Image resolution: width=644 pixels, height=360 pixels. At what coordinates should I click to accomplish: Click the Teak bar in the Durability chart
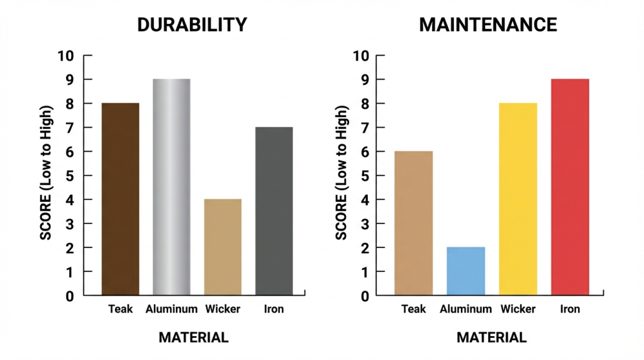(x=120, y=199)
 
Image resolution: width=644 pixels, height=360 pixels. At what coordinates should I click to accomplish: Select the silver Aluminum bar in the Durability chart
(x=171, y=187)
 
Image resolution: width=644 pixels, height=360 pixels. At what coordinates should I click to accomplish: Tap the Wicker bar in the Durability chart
(x=223, y=247)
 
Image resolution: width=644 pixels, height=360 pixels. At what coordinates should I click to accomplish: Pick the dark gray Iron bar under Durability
(x=274, y=211)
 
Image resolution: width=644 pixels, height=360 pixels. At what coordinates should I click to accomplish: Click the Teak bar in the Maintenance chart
(x=413, y=223)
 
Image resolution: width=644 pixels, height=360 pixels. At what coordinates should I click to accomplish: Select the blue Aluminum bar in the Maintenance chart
(x=465, y=271)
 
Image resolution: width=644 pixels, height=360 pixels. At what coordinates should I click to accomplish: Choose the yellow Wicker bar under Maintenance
(x=518, y=199)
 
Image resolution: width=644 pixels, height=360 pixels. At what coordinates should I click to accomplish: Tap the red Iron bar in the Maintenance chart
(x=570, y=187)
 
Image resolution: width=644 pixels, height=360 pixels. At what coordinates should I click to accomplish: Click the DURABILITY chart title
(x=192, y=25)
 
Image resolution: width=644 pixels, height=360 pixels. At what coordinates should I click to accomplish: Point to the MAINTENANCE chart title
(x=488, y=25)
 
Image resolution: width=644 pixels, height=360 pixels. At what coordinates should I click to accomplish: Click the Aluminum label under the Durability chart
(x=172, y=309)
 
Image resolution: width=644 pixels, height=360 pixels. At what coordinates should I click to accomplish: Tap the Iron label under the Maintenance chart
(x=570, y=309)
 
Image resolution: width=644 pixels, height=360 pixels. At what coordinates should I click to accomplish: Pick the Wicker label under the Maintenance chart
(x=518, y=309)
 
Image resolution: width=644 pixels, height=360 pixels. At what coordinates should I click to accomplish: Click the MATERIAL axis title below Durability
(x=193, y=337)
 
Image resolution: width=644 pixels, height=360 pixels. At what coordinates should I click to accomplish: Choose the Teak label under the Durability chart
(x=120, y=309)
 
